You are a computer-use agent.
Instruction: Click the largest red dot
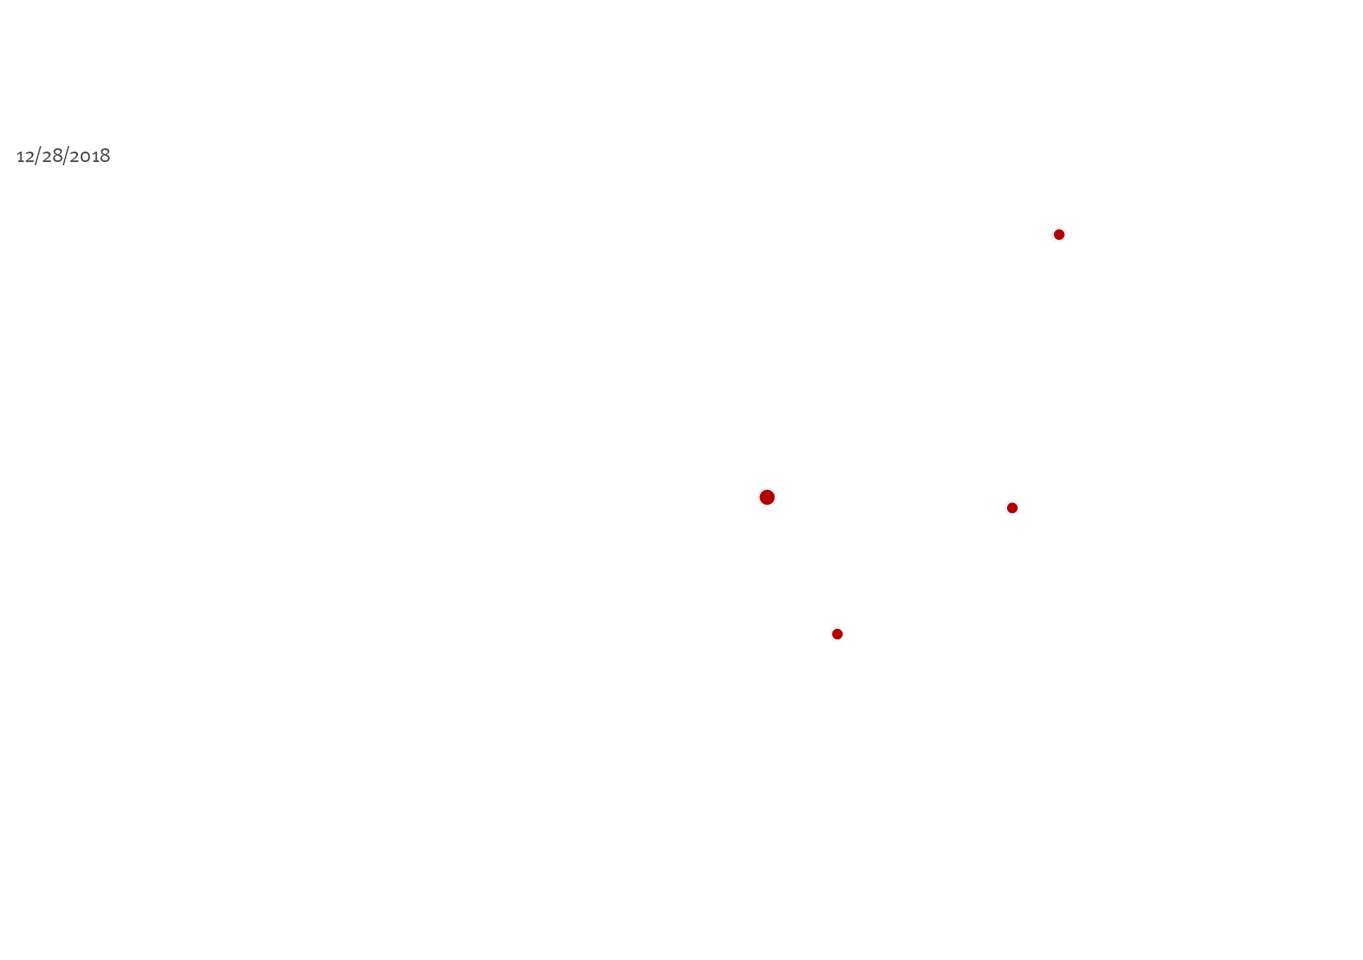coord(767,497)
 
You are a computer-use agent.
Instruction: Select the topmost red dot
coord(1059,235)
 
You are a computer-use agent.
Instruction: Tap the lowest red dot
coord(837,634)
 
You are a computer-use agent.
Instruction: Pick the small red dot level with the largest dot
coord(1012,508)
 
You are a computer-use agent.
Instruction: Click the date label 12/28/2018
coord(63,156)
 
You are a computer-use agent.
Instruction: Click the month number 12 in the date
coord(25,157)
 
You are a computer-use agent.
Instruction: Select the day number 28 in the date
coord(52,156)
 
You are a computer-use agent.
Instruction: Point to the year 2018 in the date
coord(90,156)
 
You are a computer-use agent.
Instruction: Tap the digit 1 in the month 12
coord(20,157)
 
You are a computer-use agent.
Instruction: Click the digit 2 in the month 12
coord(30,157)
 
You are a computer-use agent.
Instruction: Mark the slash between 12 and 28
coord(37,156)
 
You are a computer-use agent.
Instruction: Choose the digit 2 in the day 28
coord(47,157)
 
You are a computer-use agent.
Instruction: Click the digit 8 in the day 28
coord(58,155)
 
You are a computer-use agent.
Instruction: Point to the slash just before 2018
coord(66,156)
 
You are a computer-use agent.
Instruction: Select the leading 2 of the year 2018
coord(75,157)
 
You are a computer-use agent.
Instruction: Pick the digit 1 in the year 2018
coord(95,157)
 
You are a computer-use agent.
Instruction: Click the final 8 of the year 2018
coord(104,155)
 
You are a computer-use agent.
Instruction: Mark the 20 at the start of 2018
coord(80,157)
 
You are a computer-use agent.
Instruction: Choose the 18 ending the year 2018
coord(101,156)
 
